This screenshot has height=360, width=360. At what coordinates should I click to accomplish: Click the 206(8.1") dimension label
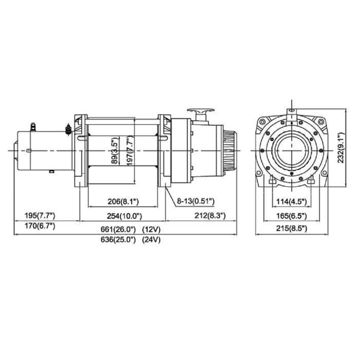[123, 201]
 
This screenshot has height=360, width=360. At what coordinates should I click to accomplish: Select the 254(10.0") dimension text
[124, 216]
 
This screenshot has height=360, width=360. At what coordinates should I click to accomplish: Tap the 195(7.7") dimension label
[40, 216]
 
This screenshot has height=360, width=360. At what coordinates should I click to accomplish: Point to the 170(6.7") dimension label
[40, 226]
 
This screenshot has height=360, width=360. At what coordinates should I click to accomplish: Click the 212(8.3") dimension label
[210, 216]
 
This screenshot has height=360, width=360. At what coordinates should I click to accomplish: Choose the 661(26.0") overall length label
[118, 229]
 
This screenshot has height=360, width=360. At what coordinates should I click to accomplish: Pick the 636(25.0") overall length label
[118, 240]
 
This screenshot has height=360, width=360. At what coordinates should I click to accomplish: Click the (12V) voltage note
[151, 229]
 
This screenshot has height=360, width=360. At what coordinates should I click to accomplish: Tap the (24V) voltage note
[151, 240]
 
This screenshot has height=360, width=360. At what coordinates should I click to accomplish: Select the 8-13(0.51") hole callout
[195, 201]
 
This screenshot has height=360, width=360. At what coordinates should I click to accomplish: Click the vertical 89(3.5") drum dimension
[115, 150]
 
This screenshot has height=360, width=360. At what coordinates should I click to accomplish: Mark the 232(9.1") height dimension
[341, 148]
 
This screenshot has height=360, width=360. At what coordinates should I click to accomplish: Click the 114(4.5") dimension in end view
[291, 201]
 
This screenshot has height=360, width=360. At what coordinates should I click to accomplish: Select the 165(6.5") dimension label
[291, 216]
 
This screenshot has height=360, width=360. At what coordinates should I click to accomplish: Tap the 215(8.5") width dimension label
[291, 229]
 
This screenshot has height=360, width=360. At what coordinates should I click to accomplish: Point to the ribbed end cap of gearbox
[230, 150]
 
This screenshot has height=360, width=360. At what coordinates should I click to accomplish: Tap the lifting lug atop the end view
[292, 116]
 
